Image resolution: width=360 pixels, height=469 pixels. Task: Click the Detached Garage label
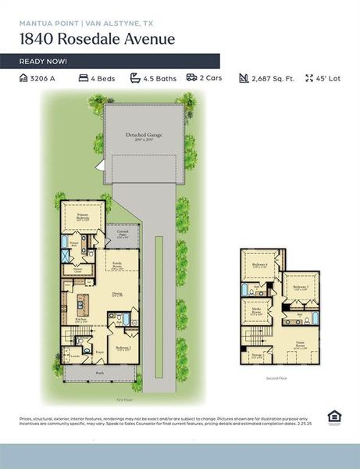[x=144, y=136]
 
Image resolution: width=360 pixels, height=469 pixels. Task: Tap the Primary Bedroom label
[x=80, y=217]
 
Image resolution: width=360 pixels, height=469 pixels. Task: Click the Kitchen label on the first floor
[x=80, y=320]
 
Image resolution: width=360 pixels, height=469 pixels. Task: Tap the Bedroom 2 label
[x=123, y=349]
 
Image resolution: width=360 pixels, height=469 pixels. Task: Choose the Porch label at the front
[x=100, y=374]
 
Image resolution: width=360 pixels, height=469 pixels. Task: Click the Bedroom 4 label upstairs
[x=259, y=266]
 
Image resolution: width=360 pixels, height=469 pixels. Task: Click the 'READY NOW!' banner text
[x=43, y=61]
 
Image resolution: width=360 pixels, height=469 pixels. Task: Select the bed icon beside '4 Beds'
[x=83, y=79]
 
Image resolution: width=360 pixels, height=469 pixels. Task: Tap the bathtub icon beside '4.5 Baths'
[x=135, y=79]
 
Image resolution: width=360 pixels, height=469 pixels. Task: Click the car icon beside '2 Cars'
[x=191, y=79]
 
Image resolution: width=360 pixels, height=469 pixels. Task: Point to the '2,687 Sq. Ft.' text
[x=273, y=79]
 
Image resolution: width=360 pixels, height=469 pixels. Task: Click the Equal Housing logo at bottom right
[x=333, y=416]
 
